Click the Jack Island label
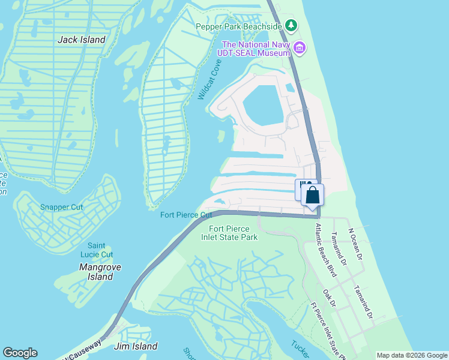click(81, 40)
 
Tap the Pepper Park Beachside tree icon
click(291, 25)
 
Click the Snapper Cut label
click(61, 207)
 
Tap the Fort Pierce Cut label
click(186, 215)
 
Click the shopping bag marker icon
click(312, 195)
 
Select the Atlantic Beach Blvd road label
click(326, 251)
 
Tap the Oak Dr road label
click(328, 299)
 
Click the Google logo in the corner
click(20, 353)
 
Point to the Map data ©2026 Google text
click(412, 355)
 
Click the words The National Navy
click(255, 44)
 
